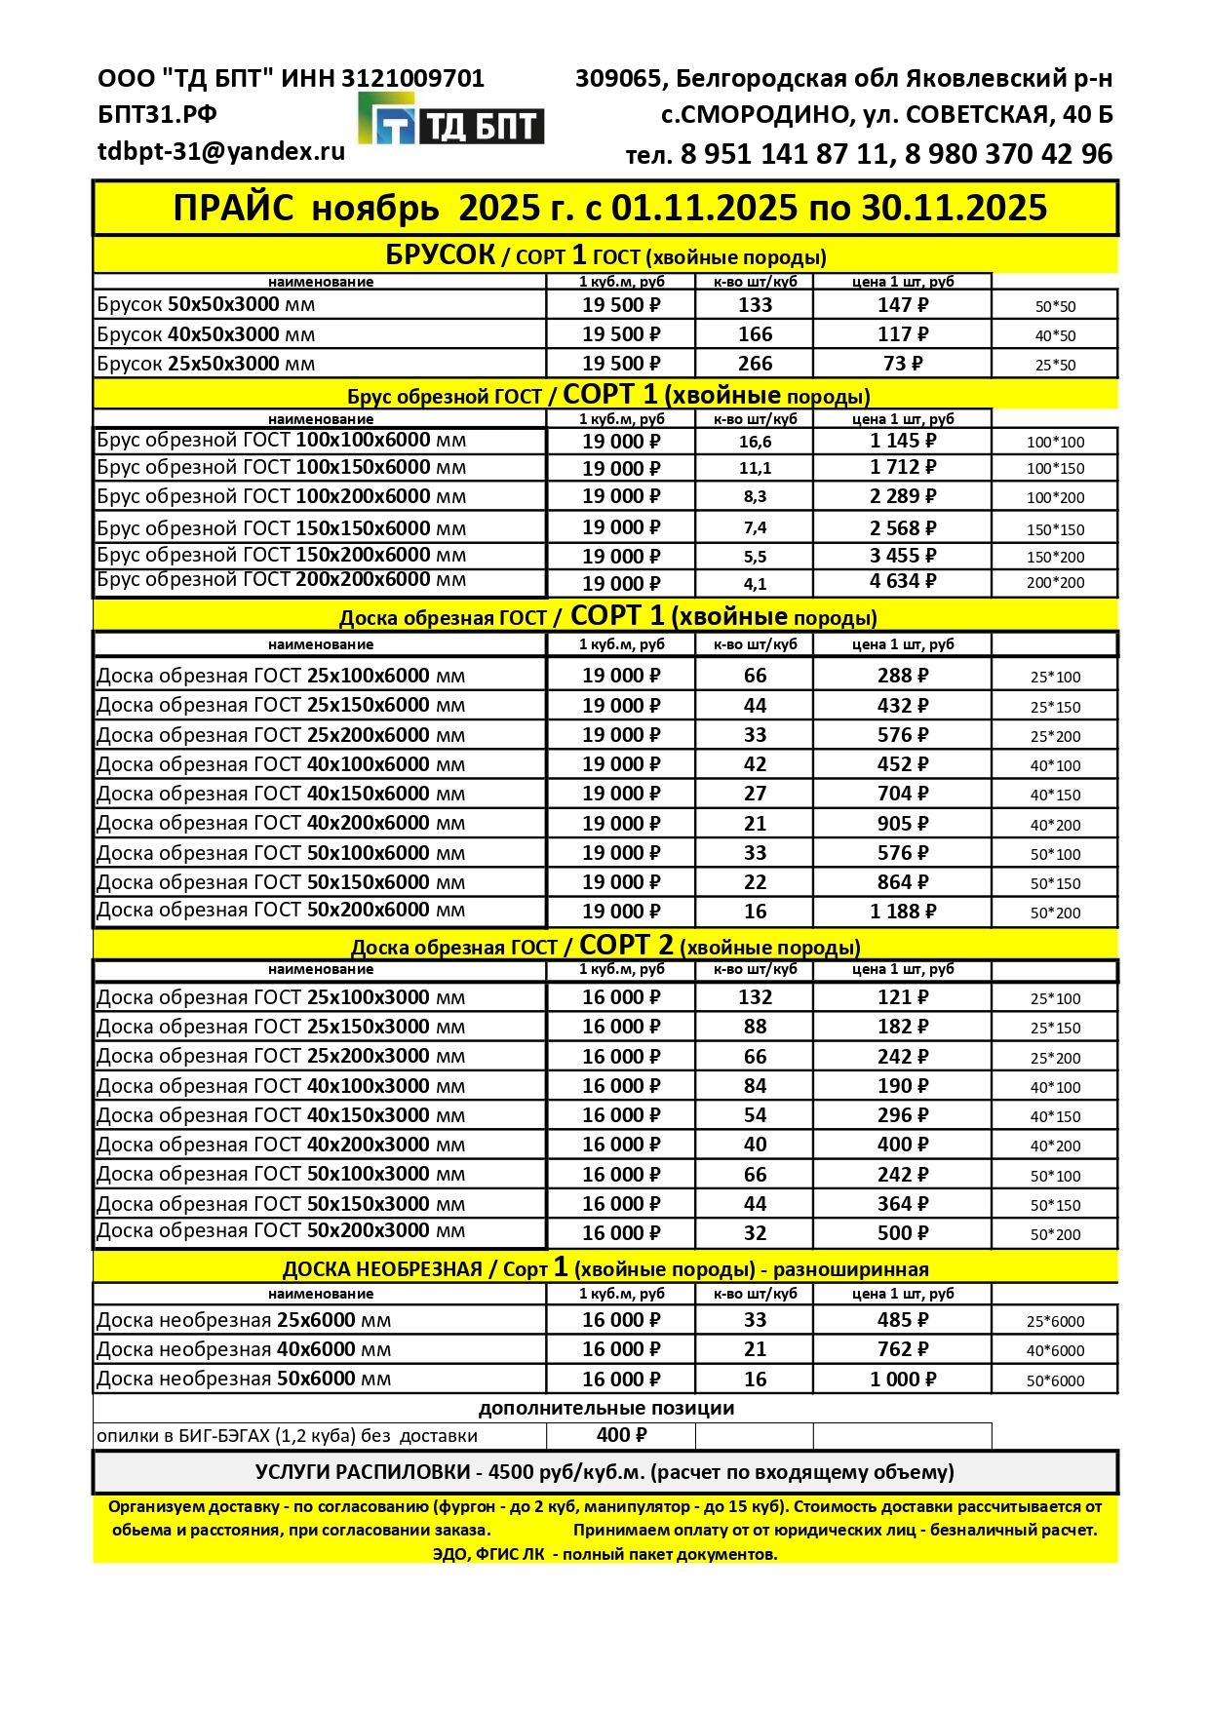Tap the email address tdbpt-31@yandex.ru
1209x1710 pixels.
pyautogui.click(x=221, y=151)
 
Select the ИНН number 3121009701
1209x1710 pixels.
pyautogui.click(x=412, y=78)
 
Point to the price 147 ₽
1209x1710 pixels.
pyautogui.click(x=903, y=305)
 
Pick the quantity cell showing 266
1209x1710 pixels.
pyautogui.click(x=755, y=364)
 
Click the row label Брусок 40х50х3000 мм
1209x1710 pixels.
pyautogui.click(x=206, y=334)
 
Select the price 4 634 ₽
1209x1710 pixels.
pyautogui.click(x=903, y=581)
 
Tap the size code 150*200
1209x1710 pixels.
pyautogui.click(x=1055, y=557)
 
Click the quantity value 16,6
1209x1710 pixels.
pyautogui.click(x=755, y=442)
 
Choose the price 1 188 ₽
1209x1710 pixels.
pyautogui.click(x=903, y=912)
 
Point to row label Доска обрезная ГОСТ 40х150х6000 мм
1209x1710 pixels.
pyautogui.click(x=281, y=794)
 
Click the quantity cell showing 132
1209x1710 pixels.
pyautogui.click(x=755, y=997)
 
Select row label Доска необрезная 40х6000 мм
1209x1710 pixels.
pyautogui.click(x=244, y=1349)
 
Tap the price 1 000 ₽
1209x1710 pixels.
pyautogui.click(x=903, y=1380)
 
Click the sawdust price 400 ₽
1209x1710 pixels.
pyautogui.click(x=621, y=1435)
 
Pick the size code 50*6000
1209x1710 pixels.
pyautogui.click(x=1055, y=1380)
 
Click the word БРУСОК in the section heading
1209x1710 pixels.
pyautogui.click(x=441, y=255)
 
